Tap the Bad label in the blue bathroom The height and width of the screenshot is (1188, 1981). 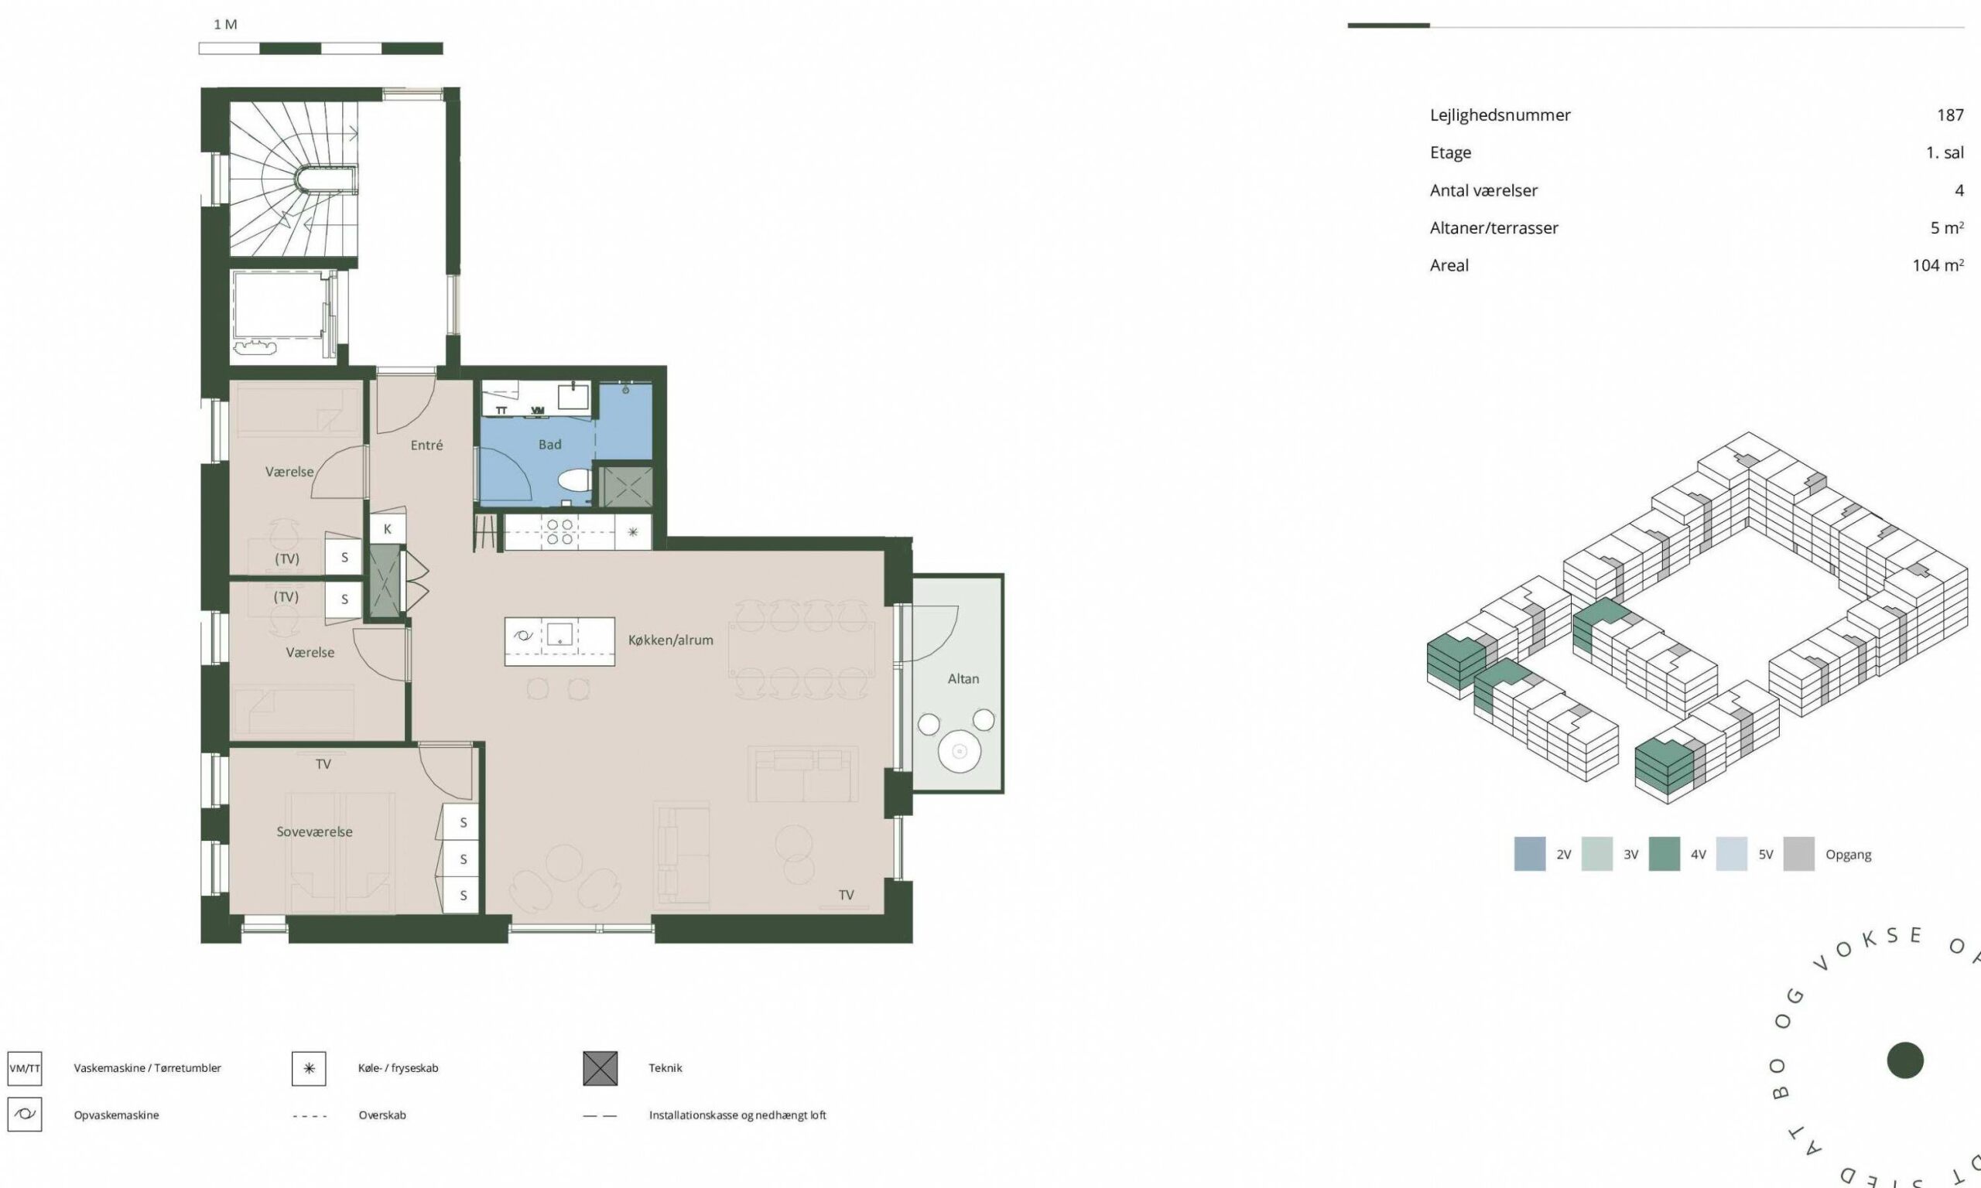(x=550, y=444)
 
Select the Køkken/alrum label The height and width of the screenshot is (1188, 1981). (x=670, y=640)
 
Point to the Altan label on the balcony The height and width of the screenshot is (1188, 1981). (x=963, y=679)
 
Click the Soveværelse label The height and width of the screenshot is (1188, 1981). (x=315, y=831)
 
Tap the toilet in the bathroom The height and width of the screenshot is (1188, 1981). (x=573, y=480)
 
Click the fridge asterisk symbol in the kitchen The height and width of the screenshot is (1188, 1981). (x=632, y=531)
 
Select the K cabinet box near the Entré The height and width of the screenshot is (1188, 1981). (x=388, y=529)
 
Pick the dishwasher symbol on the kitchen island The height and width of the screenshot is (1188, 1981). (x=524, y=637)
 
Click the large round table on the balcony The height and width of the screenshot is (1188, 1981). (x=960, y=751)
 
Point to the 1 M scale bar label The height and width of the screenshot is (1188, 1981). (x=225, y=25)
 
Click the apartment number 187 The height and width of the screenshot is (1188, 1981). (x=1950, y=115)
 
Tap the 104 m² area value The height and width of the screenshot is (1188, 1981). (x=1938, y=265)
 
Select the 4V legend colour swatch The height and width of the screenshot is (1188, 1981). (x=1665, y=854)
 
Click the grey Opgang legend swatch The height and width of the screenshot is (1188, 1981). (x=1799, y=854)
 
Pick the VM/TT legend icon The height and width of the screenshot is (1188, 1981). (x=25, y=1068)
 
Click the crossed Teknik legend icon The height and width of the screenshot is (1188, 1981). (x=600, y=1068)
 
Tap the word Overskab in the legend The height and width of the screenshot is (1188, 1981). (x=382, y=1115)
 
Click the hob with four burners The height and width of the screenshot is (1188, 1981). (x=559, y=531)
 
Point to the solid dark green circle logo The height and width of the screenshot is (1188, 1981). (x=1905, y=1060)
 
